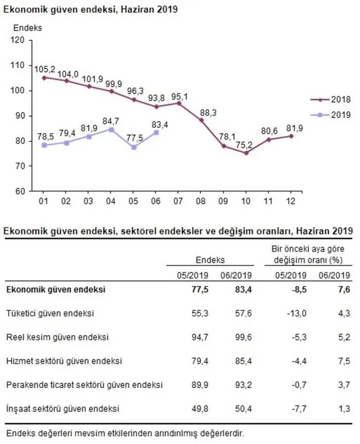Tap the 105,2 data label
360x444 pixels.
45,70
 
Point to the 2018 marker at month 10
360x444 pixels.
245,153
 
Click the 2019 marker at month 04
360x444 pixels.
110,129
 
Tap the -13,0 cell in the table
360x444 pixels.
297,314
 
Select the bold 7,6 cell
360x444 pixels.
345,289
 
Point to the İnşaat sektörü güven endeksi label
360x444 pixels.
63,408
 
